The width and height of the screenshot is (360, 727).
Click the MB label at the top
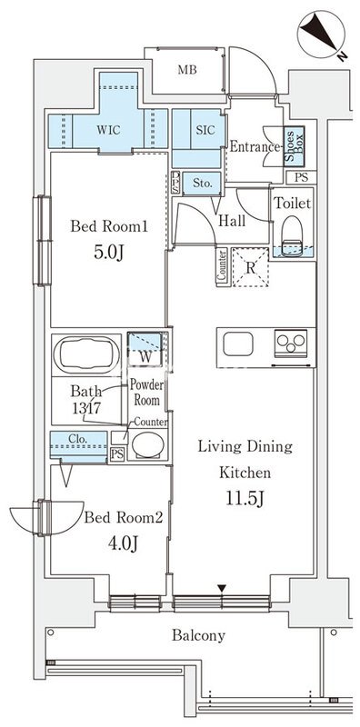coord(187,70)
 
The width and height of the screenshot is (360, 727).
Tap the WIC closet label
coord(108,130)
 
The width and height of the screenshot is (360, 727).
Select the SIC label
coord(205,130)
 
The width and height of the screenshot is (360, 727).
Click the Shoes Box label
coord(295,146)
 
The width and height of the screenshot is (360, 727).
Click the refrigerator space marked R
coord(250,267)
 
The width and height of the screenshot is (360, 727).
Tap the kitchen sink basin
coord(238,344)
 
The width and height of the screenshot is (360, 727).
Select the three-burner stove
coord(291,344)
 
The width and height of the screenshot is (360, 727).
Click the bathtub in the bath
coord(85,354)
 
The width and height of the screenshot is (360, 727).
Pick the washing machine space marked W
coord(145,350)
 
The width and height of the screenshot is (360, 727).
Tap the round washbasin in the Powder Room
coord(147,445)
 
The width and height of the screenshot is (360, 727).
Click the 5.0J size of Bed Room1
coord(109,254)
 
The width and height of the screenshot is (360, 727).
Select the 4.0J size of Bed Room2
coord(123,543)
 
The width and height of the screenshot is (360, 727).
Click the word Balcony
coord(198,635)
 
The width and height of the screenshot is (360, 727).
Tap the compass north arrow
coord(319,31)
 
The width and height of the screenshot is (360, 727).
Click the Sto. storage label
coord(202,184)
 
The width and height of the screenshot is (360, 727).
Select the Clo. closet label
coord(78,438)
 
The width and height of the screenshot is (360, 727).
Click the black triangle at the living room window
coord(222,588)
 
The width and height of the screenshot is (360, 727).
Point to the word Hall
coord(232,221)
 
